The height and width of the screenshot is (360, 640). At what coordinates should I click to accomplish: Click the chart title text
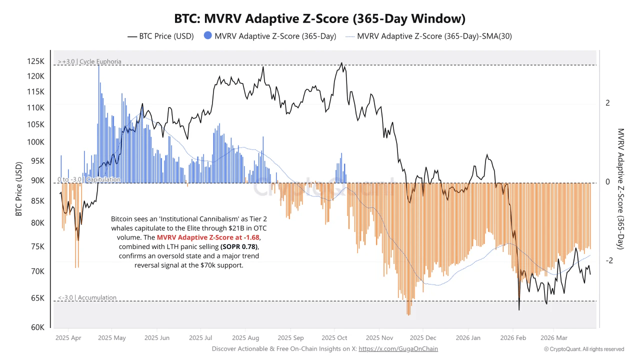320,19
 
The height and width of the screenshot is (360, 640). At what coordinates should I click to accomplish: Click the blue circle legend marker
207,36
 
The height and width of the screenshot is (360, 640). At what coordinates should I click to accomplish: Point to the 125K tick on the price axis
36,61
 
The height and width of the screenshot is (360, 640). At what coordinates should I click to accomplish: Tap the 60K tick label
38,327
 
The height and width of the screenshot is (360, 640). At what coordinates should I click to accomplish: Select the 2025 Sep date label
290,338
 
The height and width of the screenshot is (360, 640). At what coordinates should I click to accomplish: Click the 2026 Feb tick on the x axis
513,338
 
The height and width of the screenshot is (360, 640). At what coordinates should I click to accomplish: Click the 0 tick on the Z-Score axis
607,182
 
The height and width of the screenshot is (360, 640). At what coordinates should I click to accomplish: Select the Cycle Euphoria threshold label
89,61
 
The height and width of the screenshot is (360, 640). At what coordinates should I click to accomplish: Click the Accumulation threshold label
87,297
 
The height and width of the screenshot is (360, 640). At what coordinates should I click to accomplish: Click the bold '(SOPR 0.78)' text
240,247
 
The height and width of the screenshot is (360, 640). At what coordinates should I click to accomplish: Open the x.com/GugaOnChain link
398,349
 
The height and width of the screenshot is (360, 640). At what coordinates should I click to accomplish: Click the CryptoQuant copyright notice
584,349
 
